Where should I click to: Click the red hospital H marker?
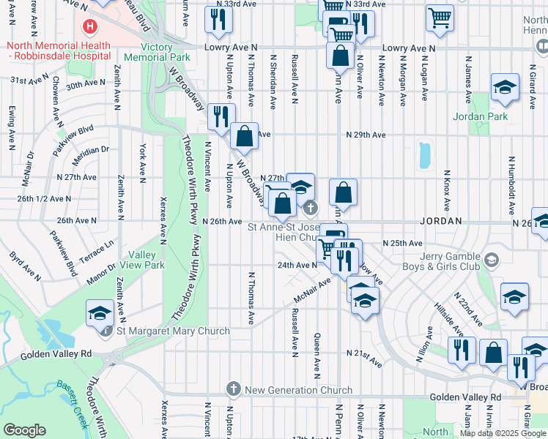(89, 27)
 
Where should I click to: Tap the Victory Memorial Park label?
(158, 51)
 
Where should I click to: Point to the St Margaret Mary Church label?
(174, 331)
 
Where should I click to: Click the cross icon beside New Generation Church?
(234, 388)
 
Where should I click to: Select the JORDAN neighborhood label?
(440, 221)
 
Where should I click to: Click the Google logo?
(25, 429)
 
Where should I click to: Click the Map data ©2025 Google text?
(502, 433)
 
